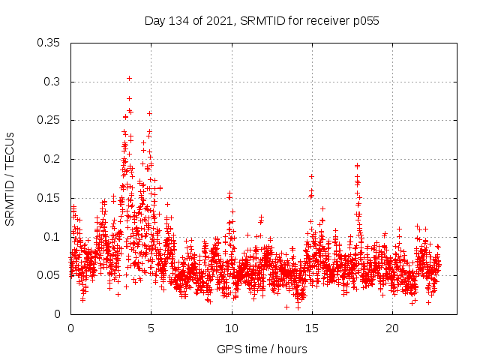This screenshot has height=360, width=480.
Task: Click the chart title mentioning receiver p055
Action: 262,21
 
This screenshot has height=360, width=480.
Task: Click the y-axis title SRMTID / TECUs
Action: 10,178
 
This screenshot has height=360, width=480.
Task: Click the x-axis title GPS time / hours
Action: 262,349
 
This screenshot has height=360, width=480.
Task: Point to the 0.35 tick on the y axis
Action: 49,43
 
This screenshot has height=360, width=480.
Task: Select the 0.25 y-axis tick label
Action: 49,120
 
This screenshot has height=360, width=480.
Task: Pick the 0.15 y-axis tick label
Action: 49,198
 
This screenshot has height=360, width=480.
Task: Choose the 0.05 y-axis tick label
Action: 49,275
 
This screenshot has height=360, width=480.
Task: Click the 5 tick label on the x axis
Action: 151,328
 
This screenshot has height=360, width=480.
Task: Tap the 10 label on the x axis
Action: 231,328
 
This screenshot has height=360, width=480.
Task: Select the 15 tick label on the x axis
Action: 311,328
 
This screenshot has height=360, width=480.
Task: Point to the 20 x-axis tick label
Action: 391,328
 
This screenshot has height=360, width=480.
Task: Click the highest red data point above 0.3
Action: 129,78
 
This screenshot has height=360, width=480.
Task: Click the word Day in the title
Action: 155,21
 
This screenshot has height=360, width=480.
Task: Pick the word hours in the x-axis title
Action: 291,349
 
